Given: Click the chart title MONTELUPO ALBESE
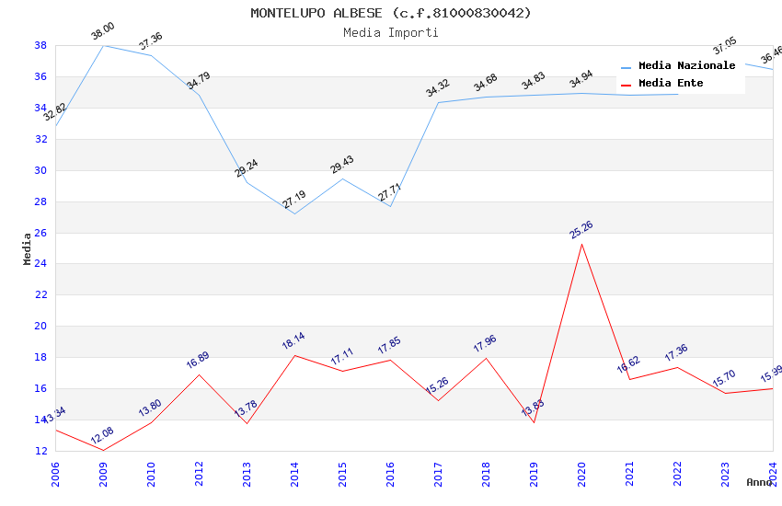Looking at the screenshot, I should tap(391, 13).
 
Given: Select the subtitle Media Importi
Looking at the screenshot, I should tap(391, 32).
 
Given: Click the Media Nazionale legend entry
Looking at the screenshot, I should tap(686, 65).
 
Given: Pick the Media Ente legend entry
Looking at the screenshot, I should tap(671, 83).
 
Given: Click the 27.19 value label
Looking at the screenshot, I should tap(293, 200).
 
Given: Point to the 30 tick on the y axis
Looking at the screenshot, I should tap(41, 170).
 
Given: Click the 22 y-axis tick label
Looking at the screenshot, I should tap(41, 295).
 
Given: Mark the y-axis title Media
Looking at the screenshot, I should tap(28, 248).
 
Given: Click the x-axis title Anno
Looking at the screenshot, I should tap(759, 482).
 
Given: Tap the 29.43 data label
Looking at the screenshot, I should tap(341, 165).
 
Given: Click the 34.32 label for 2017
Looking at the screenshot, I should tap(437, 88).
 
